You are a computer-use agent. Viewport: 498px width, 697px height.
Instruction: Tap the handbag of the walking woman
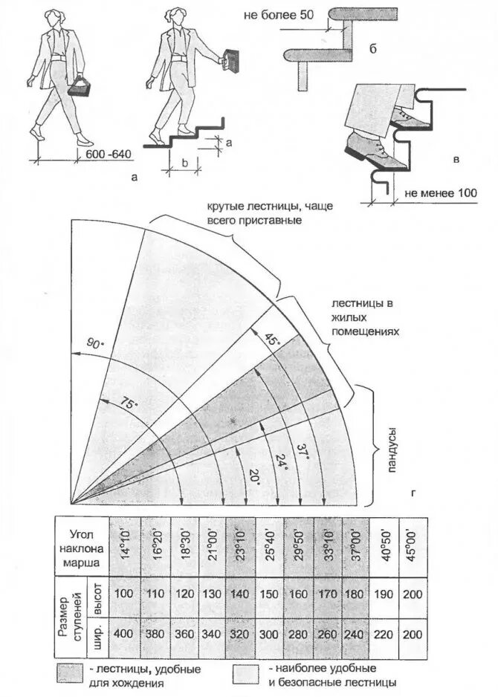(x=80, y=88)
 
